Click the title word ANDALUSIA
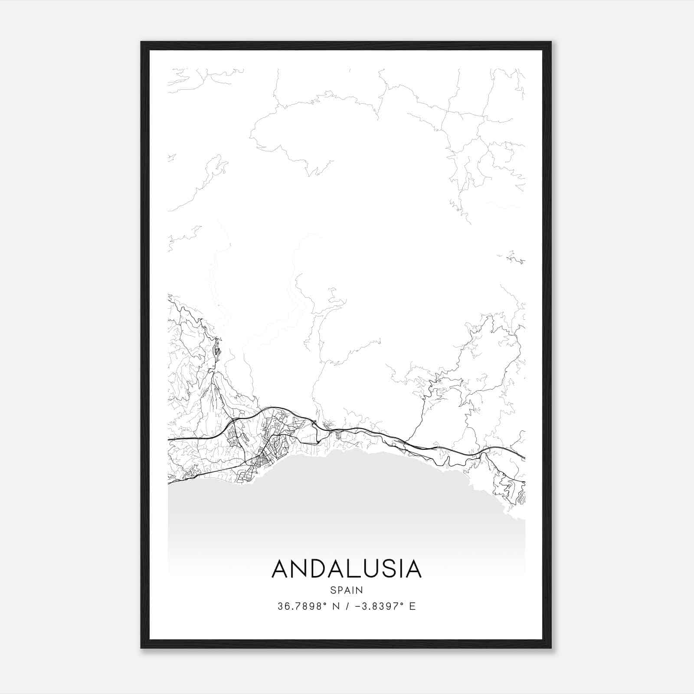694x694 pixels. coord(347,569)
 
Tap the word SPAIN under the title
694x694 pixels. coord(347,590)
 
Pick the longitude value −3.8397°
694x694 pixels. coord(379,606)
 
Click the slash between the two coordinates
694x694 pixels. coord(346,606)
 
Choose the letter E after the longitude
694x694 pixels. coord(412,606)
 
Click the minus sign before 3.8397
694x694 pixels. coord(357,606)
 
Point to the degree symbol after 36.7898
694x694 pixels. coord(325,603)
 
